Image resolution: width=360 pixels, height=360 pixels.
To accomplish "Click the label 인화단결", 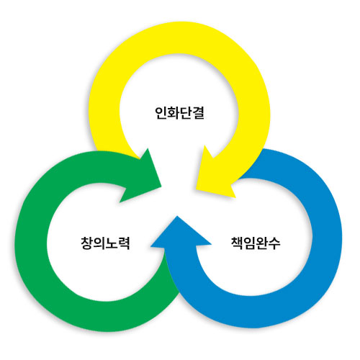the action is (179, 113).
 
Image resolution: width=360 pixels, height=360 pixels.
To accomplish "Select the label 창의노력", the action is (105, 243).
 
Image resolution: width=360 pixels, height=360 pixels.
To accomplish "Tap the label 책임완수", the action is (256, 243).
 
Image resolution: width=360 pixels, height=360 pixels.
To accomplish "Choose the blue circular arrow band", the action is (326, 240).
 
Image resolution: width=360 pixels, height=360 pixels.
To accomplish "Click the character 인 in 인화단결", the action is (161, 113).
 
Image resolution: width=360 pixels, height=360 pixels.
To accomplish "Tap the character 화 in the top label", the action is (174, 113).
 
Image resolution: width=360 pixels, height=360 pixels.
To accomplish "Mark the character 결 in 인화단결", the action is (198, 113).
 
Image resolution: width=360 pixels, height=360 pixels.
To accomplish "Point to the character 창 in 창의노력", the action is (87, 243).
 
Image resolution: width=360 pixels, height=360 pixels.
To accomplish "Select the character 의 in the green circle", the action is (99, 243).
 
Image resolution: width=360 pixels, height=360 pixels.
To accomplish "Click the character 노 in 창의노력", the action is (112, 243).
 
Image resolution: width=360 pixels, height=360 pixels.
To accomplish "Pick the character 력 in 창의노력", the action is (124, 243).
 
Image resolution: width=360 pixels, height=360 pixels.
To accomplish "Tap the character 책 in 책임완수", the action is (237, 243).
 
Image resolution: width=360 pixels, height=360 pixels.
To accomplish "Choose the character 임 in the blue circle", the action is (250, 243).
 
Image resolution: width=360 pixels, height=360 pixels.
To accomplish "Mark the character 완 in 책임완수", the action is (262, 243).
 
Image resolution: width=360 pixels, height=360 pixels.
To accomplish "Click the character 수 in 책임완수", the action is (274, 243).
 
